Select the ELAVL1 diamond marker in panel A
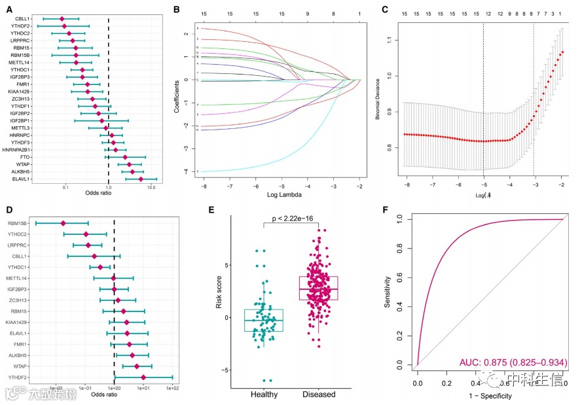click(x=140, y=178)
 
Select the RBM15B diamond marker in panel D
click(x=64, y=224)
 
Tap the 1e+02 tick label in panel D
click(x=172, y=389)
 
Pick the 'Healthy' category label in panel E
click(x=264, y=394)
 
